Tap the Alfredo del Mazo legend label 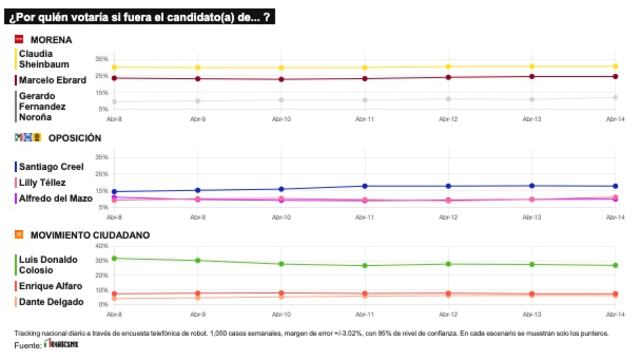[x=56, y=198]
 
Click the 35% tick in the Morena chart [x=102, y=59]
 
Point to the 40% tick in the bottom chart [x=102, y=248]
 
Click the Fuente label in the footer [x=28, y=346]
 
